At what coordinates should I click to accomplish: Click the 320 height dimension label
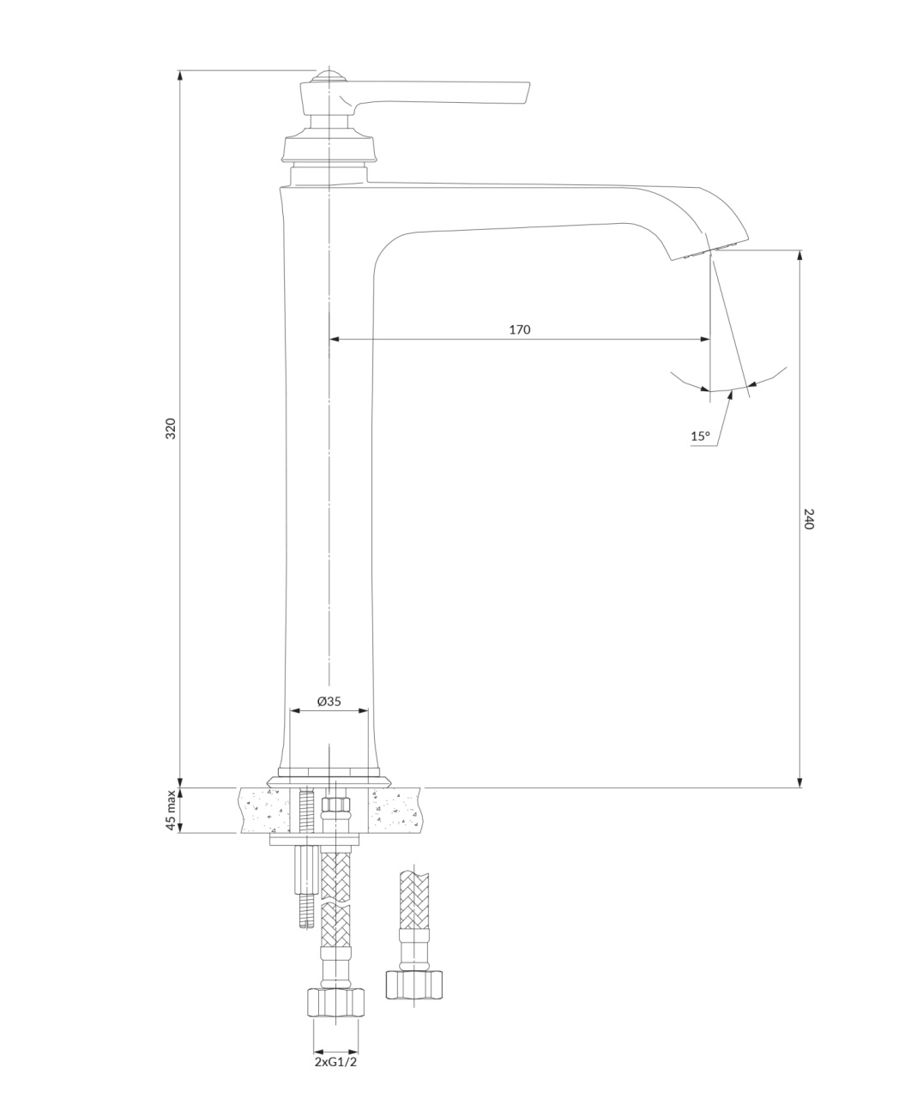click(171, 429)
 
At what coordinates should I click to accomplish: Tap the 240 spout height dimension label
click(809, 518)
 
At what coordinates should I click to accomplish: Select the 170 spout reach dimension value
click(520, 329)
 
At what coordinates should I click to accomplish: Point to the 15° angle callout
click(700, 436)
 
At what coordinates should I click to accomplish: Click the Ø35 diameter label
click(329, 701)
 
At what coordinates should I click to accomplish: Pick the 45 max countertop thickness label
click(171, 810)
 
